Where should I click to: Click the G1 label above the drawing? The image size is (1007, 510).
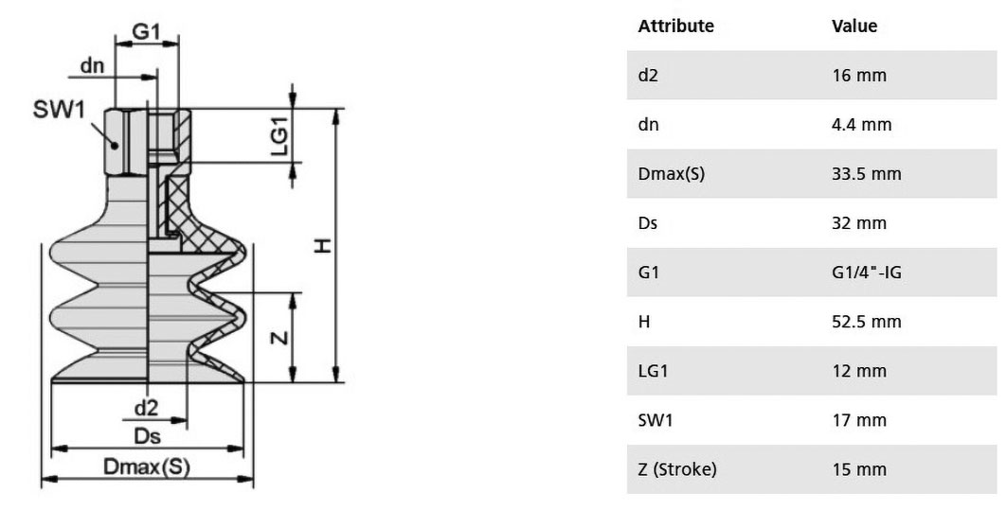[x=146, y=31]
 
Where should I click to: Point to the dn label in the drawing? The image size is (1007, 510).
[x=92, y=65]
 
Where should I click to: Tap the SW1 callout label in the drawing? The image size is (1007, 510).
[x=59, y=110]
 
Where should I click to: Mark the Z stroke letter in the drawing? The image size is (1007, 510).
[x=280, y=336]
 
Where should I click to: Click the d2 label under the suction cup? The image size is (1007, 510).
[x=146, y=408]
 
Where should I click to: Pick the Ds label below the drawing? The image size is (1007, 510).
[x=147, y=436]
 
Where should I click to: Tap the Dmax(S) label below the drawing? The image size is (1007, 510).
[x=147, y=466]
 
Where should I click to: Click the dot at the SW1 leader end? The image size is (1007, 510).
[x=115, y=145]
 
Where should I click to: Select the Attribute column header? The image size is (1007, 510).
[x=675, y=26]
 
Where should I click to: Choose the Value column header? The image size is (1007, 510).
[x=854, y=26]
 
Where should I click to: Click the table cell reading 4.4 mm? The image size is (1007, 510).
[x=862, y=125]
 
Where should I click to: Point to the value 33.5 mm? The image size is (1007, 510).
[x=867, y=174]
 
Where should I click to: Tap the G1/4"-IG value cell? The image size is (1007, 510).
[x=867, y=273]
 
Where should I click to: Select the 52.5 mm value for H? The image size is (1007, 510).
[x=867, y=322]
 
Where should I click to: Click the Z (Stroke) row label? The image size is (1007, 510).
[x=677, y=469]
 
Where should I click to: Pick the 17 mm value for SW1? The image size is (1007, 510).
[x=858, y=420]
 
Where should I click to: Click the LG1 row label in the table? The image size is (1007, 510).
[x=653, y=371]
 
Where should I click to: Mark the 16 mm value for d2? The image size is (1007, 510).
[x=858, y=75]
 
